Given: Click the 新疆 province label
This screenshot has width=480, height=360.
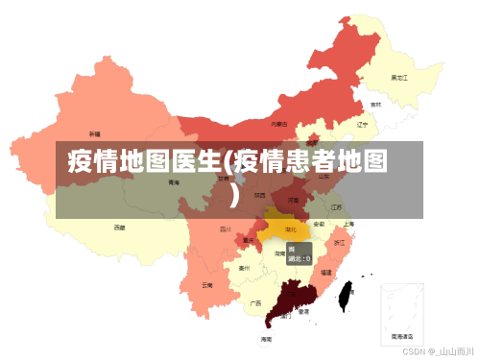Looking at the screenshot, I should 94,134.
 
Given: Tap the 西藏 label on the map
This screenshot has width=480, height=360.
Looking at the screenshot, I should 119,228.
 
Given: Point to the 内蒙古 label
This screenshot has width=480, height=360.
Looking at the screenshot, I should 279,124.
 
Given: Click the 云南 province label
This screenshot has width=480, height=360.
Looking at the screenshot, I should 207,285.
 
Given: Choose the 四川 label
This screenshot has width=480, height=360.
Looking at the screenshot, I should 226,229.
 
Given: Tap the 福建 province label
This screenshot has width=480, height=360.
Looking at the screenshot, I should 325,273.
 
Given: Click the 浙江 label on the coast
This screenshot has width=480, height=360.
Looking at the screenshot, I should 339,243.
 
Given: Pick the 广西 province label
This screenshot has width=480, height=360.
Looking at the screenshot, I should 255,302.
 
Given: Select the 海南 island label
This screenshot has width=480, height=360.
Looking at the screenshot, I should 266,339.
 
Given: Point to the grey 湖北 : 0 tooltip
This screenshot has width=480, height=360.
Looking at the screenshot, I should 299,253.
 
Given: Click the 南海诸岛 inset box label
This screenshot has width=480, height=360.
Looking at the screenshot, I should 402,337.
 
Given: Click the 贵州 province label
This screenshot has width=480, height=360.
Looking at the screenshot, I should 245,269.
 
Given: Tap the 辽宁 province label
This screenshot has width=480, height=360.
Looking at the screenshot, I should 363,124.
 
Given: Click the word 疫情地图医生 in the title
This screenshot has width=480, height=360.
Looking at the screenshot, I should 144,160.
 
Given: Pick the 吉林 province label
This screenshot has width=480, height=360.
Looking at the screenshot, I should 375,104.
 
